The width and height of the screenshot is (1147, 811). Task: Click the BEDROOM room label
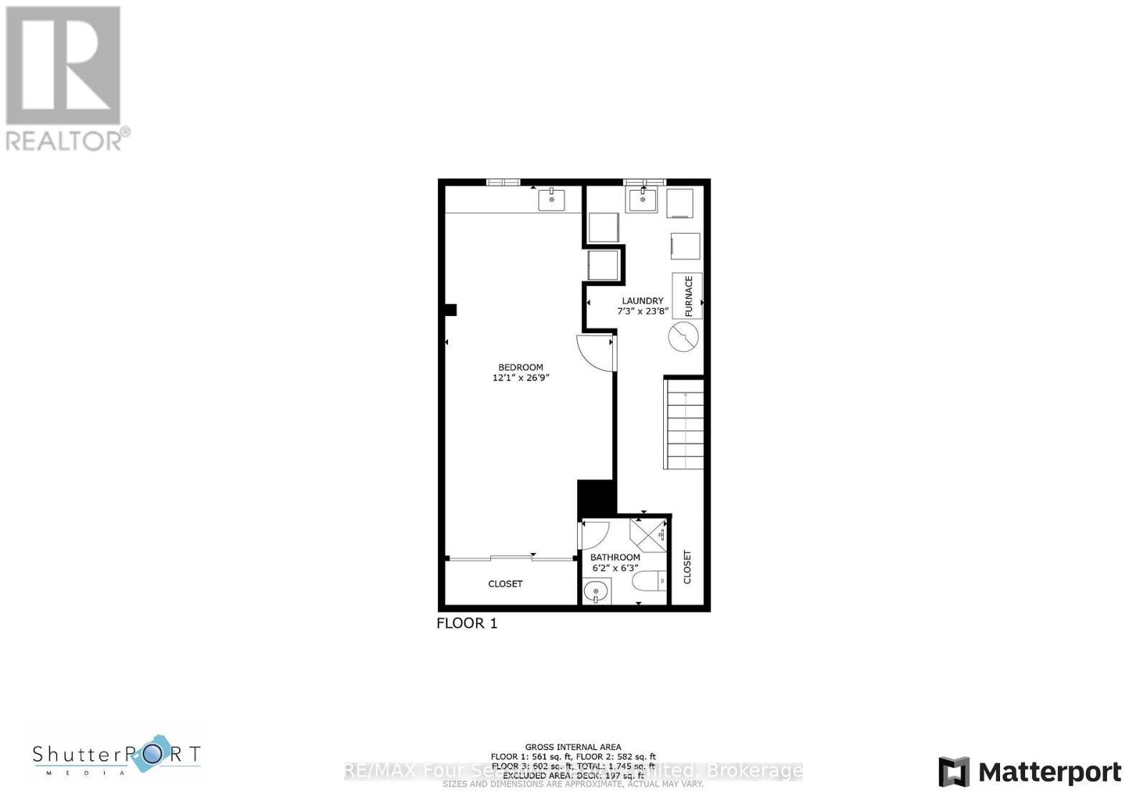click(520, 368)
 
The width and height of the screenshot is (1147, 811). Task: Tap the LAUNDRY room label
click(642, 301)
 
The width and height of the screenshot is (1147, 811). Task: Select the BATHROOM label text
click(615, 557)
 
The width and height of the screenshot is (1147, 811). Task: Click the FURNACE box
click(687, 296)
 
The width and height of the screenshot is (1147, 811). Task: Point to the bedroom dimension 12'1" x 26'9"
click(520, 378)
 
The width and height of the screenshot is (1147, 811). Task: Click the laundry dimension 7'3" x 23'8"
click(642, 312)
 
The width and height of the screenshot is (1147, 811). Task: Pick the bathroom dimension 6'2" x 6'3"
click(615, 568)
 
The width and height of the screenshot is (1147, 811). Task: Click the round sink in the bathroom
click(596, 593)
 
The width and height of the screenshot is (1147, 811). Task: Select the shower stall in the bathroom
click(647, 534)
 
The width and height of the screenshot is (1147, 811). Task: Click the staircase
click(684, 424)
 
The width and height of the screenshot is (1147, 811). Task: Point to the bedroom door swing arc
click(595, 353)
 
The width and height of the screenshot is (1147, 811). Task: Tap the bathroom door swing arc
click(596, 534)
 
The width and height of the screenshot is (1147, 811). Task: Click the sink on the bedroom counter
click(551, 199)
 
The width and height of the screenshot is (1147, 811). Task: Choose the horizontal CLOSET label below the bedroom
click(505, 584)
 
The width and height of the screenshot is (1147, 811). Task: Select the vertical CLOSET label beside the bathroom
click(687, 567)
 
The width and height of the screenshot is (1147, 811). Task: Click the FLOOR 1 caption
click(467, 623)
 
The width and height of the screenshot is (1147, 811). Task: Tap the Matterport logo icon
click(954, 772)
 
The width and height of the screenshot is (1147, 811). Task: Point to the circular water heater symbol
click(683, 336)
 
